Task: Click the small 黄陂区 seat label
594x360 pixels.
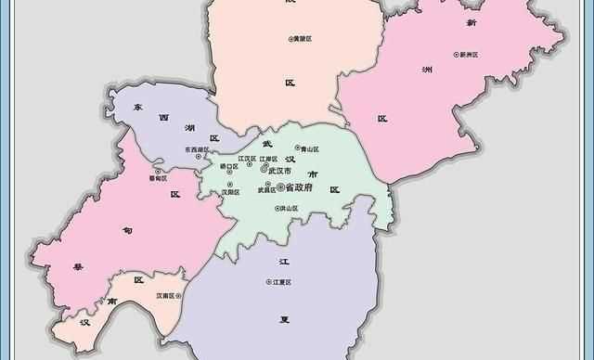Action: (x=305, y=38)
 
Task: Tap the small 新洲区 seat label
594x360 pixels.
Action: (x=468, y=55)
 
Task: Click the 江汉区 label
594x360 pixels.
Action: (x=246, y=159)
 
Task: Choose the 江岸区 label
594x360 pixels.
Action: (x=269, y=159)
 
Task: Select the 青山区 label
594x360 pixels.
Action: (x=309, y=148)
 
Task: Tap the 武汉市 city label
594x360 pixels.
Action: (x=280, y=172)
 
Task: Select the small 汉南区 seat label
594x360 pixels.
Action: (x=168, y=296)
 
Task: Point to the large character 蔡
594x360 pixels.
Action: (x=78, y=267)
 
